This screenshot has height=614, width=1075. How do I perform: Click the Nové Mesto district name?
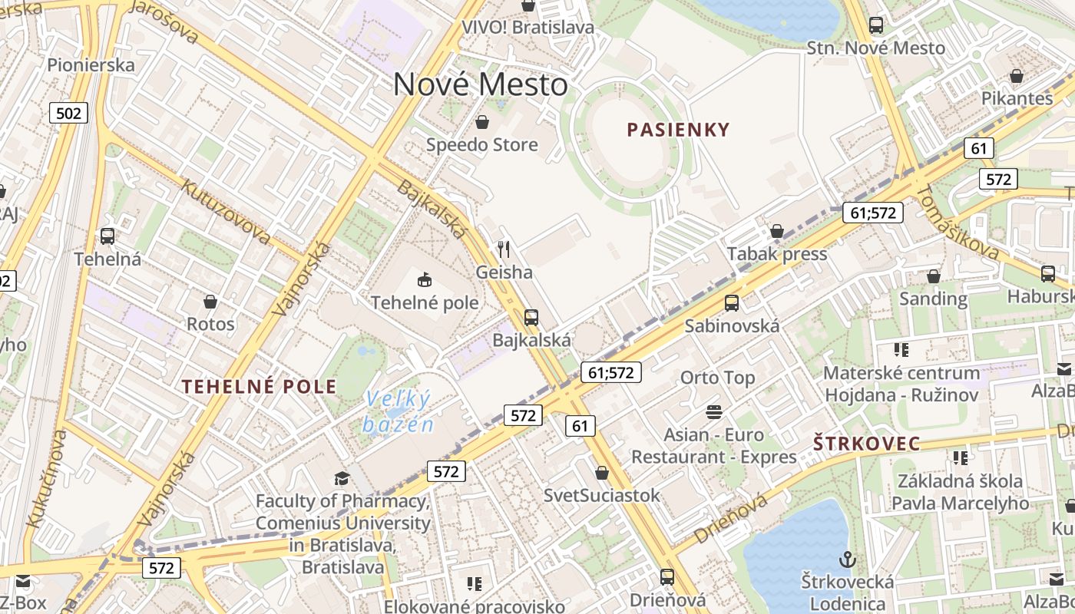[481, 84]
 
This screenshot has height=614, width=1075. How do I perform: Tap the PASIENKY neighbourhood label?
[678, 129]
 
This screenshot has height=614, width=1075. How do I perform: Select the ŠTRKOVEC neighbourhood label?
[866, 444]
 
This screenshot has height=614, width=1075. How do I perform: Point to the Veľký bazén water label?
[398, 411]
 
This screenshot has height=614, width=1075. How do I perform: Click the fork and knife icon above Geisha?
[504, 249]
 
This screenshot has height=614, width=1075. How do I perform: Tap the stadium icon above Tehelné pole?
[424, 279]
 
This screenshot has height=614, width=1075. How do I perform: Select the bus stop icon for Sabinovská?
[732, 303]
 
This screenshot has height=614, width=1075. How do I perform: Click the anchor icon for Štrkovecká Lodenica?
[848, 559]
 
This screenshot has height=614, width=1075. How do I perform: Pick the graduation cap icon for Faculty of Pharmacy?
[342, 479]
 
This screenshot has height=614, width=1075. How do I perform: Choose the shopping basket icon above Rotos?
[210, 302]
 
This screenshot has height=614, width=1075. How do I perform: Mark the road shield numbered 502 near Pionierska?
[68, 114]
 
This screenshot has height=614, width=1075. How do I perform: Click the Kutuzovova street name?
[225, 212]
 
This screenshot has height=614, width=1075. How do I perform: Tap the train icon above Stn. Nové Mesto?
[876, 25]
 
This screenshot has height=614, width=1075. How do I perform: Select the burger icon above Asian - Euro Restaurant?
[714, 412]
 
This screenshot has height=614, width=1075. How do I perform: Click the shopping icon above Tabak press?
[777, 232]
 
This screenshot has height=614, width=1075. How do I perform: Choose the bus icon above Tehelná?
[107, 236]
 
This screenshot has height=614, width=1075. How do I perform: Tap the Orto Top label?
[717, 378]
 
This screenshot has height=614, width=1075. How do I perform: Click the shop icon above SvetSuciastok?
[602, 473]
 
